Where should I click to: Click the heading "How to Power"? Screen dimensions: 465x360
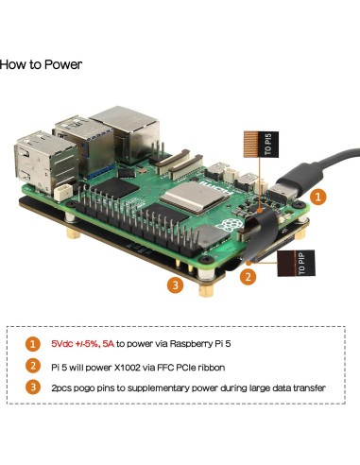tap(41, 65)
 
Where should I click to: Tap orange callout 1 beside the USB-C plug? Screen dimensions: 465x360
tap(318, 198)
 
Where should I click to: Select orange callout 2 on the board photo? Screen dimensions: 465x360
tap(247, 276)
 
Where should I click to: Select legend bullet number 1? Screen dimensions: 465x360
tap(34, 344)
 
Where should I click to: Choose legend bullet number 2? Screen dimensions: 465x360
tap(34, 366)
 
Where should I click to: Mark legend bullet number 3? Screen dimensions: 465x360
tap(34, 387)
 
